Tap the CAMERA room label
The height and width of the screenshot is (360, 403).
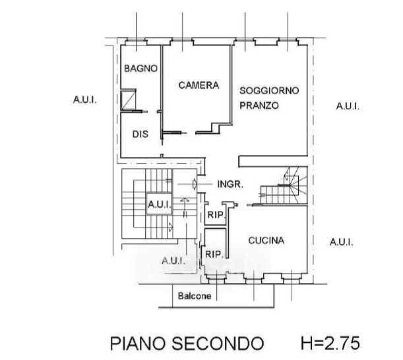pos(199,85)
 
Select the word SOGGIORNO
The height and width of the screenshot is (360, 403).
pos(269,90)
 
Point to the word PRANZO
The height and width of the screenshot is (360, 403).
pos(259,105)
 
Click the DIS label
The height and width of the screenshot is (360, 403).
pos(139,134)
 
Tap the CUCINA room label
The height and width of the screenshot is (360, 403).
pos(266,241)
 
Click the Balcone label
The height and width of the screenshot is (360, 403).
pos(195,296)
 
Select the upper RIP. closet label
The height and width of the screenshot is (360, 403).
pos(215,214)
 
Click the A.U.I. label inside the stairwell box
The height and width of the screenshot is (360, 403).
pos(160,204)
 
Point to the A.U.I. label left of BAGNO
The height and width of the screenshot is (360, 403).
pos(85,100)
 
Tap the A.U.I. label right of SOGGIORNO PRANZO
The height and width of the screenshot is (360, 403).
pos(348,105)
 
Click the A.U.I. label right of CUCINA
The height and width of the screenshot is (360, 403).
pos(342,242)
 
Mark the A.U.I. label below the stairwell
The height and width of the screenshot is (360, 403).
pos(172,259)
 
